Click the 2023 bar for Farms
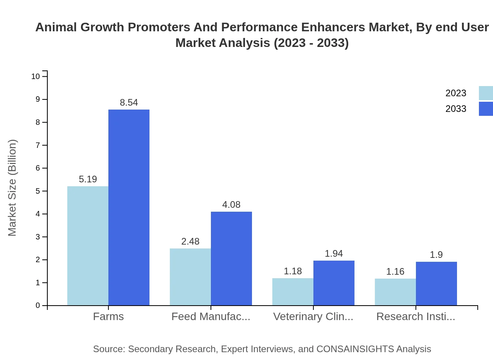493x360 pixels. [x=88, y=246]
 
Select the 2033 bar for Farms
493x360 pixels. [x=129, y=207]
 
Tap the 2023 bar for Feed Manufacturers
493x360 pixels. [x=190, y=277]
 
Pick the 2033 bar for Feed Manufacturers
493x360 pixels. [x=231, y=258]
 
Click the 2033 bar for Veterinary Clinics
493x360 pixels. [x=334, y=283]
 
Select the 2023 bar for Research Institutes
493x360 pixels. [x=395, y=292]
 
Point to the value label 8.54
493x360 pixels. [x=129, y=103]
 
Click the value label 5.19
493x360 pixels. [x=88, y=179]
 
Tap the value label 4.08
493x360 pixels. [x=231, y=205]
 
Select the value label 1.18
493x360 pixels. [x=293, y=271]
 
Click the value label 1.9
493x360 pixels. [x=436, y=255]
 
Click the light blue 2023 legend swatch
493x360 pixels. [x=486, y=93]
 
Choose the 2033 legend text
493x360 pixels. [x=456, y=109]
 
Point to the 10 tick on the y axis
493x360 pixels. [x=36, y=76]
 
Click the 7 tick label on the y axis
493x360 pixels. [x=38, y=145]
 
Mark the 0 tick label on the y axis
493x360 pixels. [x=38, y=306]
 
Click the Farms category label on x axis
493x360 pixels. [x=108, y=317]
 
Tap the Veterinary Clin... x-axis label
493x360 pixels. [x=313, y=317]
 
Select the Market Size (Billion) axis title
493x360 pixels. [x=12, y=188]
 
